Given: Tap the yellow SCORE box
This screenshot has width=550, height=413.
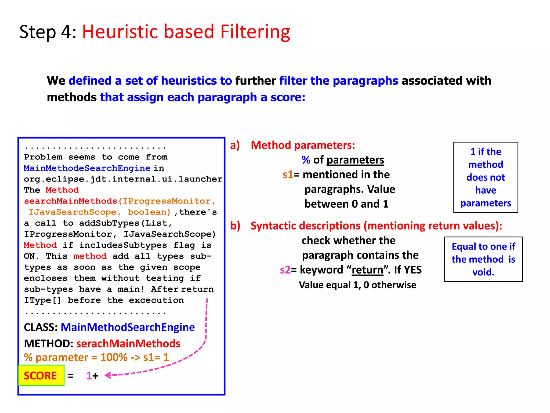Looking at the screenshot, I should (41, 375).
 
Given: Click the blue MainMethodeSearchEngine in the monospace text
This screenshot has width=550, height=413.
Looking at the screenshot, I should (87, 168).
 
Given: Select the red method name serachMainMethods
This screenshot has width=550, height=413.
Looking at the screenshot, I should (128, 344).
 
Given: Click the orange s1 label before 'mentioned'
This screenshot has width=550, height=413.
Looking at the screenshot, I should (288, 175).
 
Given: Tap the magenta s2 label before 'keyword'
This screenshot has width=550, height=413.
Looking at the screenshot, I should (285, 270).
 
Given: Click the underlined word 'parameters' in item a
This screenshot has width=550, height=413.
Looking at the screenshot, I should (355, 160).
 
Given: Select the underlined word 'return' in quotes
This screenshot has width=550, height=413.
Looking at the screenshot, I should (367, 270).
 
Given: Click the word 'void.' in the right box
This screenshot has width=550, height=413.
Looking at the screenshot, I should (483, 272).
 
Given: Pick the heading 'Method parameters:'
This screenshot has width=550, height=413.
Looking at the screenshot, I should (303, 145).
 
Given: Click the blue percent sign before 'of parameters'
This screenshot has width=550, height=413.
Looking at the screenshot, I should (306, 160).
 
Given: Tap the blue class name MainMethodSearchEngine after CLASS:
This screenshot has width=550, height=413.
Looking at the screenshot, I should (128, 327).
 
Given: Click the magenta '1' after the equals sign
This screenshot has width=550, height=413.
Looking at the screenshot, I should (89, 376).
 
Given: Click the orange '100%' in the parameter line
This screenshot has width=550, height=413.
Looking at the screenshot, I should (114, 358).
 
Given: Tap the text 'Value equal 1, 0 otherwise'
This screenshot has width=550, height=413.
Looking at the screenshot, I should (357, 285).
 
